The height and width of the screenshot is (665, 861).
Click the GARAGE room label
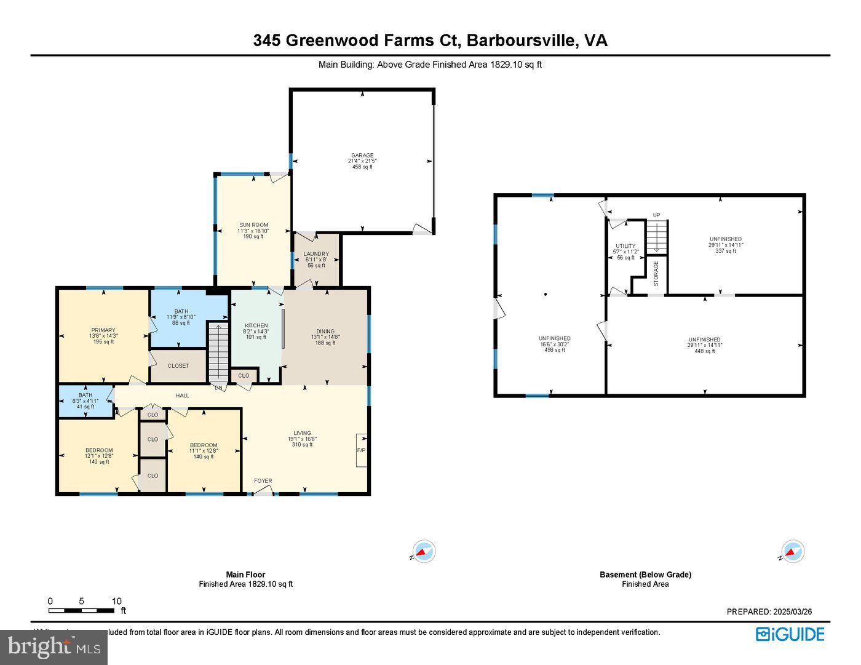[x=362, y=156]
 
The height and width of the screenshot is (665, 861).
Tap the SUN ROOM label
[x=253, y=225]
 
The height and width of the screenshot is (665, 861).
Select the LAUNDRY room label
[x=316, y=254]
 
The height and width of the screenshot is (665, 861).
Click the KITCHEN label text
[x=256, y=325]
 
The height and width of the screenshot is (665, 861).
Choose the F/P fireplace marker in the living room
[x=361, y=450]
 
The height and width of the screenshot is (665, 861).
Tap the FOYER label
[x=263, y=481]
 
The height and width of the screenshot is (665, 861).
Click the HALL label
[x=182, y=396]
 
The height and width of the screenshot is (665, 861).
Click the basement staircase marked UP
[x=656, y=237]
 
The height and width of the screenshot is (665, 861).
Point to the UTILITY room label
[x=625, y=246]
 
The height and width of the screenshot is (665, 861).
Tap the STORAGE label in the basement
[x=656, y=273]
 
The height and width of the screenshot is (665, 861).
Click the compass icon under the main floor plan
[x=424, y=552]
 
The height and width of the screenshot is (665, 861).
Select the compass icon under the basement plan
[x=792, y=552]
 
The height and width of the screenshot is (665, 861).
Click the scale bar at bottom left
[x=81, y=610]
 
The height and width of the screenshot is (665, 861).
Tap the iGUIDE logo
[x=790, y=634]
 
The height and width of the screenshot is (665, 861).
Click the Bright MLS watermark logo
[x=54, y=647]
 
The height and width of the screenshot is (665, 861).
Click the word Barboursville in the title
[x=522, y=41]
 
